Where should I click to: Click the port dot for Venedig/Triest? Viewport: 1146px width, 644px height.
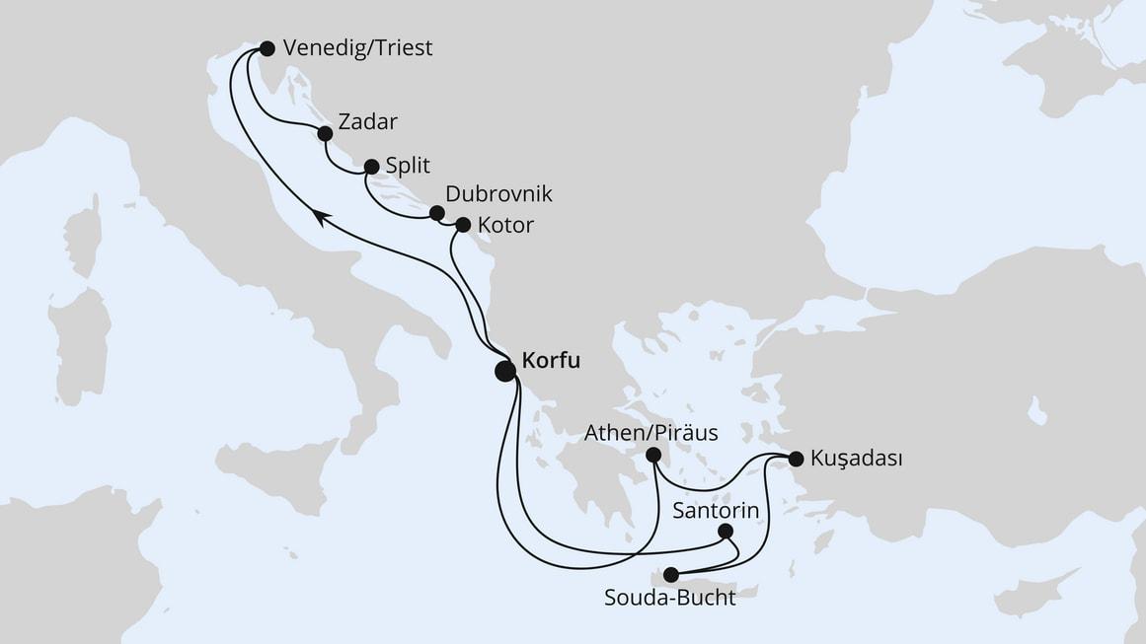point(267,47)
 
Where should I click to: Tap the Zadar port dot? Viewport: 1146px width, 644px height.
point(325,132)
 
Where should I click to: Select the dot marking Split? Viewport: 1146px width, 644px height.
point(371,167)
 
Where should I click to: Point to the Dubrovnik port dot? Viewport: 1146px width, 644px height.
point(436,211)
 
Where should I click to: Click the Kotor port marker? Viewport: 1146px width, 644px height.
point(462,225)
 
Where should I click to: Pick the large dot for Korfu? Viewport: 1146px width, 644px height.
point(504,371)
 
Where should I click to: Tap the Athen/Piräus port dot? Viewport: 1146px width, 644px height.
point(652,455)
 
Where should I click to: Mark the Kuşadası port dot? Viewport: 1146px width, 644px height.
point(796,458)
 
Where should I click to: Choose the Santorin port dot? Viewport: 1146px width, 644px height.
point(726,532)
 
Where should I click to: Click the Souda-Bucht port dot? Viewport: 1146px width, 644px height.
point(671,575)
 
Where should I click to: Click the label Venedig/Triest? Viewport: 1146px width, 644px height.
point(357,47)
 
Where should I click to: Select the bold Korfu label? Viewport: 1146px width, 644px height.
point(554,360)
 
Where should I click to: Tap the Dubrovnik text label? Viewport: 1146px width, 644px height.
point(498,193)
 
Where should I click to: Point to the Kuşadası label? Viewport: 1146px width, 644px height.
point(856,458)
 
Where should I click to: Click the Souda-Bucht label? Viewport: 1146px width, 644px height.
point(670,599)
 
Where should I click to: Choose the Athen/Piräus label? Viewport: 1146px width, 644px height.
point(650,432)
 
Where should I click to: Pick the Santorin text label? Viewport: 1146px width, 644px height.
point(716,510)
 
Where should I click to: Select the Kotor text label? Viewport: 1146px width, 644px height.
point(504,225)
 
